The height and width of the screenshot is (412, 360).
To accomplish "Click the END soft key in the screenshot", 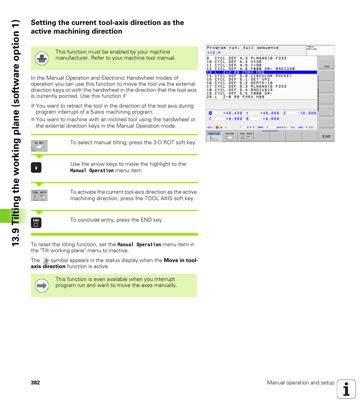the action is [x=326, y=136].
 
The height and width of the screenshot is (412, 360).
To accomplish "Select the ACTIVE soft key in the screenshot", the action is [x=230, y=136].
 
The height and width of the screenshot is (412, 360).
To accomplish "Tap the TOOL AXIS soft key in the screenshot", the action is [x=246, y=136].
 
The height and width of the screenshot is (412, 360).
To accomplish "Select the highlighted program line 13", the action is [x=262, y=72].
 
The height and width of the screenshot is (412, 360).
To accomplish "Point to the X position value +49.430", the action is [x=232, y=113].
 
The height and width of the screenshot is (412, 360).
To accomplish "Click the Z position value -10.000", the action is [x=306, y=113].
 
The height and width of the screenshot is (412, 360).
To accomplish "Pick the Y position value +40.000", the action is [x=269, y=113].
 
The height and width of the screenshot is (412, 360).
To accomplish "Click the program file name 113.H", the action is [x=214, y=53].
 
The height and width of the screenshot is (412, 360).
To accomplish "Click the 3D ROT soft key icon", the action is [x=39, y=146].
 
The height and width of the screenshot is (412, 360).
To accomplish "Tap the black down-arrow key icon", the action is [x=36, y=168].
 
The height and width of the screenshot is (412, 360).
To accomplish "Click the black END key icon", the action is [x=36, y=223].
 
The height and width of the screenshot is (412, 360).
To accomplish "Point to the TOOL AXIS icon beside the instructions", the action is [x=39, y=195].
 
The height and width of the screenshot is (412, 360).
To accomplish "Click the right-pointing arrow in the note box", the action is [x=42, y=286].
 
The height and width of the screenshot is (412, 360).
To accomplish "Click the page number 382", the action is [x=35, y=383].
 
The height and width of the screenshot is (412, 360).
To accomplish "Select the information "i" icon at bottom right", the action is [x=346, y=389].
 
